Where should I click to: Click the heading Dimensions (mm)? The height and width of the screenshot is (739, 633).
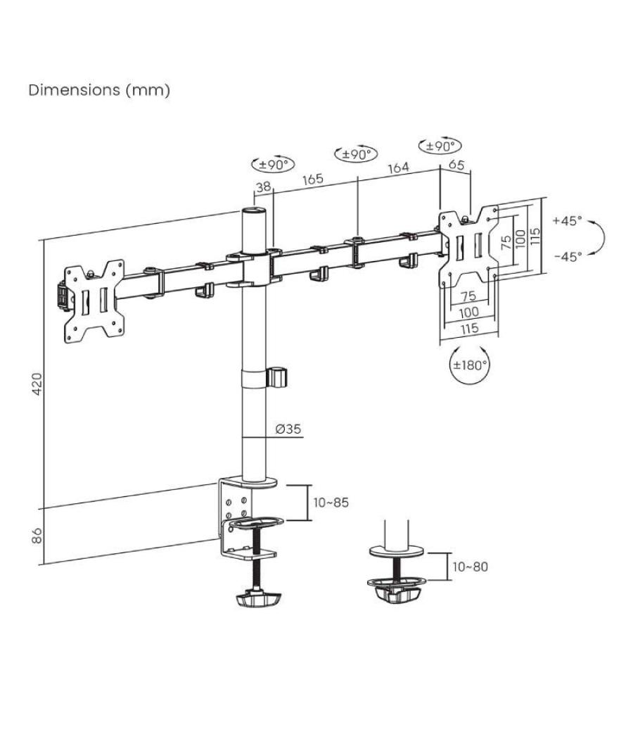point(98,90)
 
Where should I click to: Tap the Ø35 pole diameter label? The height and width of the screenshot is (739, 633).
point(288,429)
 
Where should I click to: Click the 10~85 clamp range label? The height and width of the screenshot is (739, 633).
point(331,503)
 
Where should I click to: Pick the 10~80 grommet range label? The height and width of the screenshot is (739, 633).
point(470,567)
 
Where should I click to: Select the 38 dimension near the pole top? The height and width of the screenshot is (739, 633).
point(263,187)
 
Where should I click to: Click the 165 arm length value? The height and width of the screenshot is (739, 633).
point(312,179)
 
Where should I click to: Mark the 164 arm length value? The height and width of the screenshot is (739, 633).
point(398,168)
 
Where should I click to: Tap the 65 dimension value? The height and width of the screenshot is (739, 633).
point(456,166)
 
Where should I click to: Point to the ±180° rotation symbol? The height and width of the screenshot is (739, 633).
point(469,365)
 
